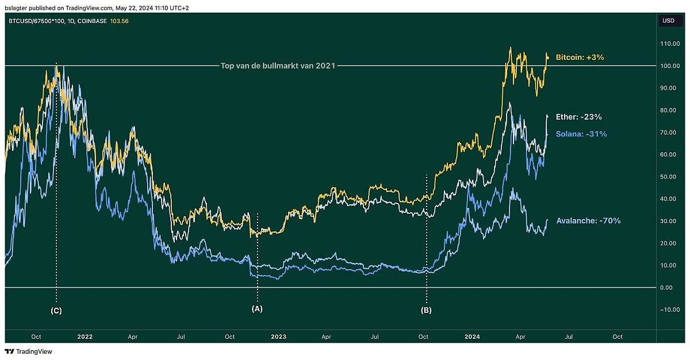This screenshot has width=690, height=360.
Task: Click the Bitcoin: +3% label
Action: [x=580, y=57]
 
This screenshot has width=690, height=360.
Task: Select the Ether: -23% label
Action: [x=579, y=117]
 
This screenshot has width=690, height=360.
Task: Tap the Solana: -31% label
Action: [x=581, y=134]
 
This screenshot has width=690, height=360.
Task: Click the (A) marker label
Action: [x=257, y=309]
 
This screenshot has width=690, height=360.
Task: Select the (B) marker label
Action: [x=426, y=311]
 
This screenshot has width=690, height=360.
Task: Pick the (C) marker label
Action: [x=56, y=311]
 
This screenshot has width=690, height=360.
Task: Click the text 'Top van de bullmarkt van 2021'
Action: [x=278, y=66]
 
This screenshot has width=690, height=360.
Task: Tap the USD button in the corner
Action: [x=668, y=21]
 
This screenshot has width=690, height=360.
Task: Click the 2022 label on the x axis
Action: [x=85, y=336]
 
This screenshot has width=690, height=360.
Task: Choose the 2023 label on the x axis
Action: [x=278, y=336]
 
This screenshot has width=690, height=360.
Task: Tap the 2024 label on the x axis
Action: [x=472, y=336]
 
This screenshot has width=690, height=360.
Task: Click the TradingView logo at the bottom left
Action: [x=28, y=351]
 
